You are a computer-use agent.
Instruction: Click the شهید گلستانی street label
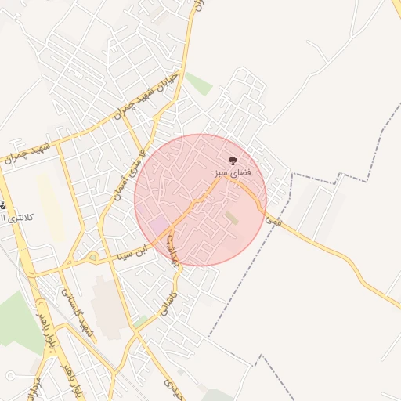[82, 318]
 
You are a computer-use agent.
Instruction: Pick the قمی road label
[273, 221]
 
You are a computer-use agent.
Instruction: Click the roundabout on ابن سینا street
[92, 257]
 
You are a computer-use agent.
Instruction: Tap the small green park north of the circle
[199, 84]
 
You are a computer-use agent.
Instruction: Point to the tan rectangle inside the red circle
[231, 218]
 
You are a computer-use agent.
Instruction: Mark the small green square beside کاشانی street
[141, 321]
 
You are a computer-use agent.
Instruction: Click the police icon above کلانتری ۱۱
[2, 206]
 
